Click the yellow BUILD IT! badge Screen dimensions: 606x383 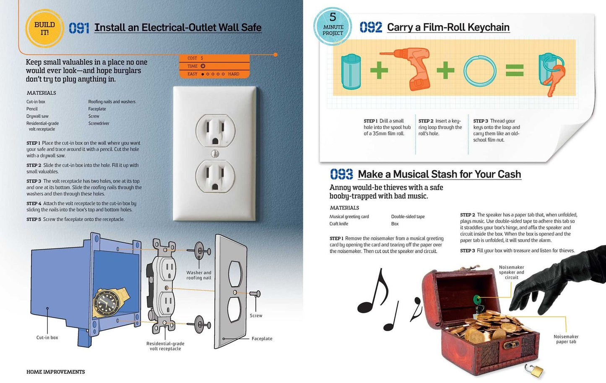(x=44, y=29)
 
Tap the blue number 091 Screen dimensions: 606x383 (x=79, y=28)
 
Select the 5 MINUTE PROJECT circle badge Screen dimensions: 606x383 (x=333, y=26)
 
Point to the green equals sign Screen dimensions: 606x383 (x=515, y=70)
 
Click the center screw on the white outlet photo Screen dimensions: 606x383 (x=215, y=154)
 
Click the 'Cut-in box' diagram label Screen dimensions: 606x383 (x=47, y=338)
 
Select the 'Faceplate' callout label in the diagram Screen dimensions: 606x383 (x=262, y=339)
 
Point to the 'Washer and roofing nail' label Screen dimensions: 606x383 (x=199, y=275)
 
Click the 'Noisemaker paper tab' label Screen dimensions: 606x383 (x=566, y=339)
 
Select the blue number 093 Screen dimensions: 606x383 (x=341, y=174)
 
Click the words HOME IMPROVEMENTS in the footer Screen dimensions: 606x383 (x=56, y=372)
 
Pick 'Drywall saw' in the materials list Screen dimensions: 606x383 (x=37, y=116)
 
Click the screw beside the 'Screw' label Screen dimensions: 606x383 (x=255, y=294)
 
